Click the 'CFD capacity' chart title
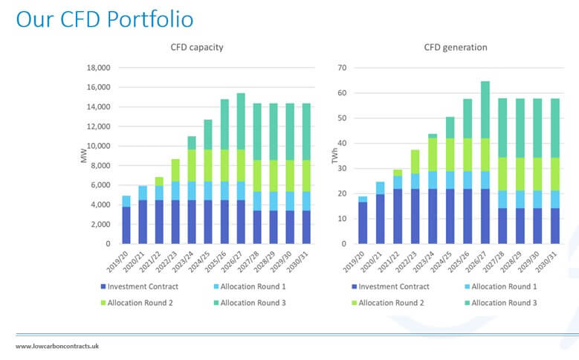(x=198, y=48)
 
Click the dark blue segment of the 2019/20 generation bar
(x=362, y=222)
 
